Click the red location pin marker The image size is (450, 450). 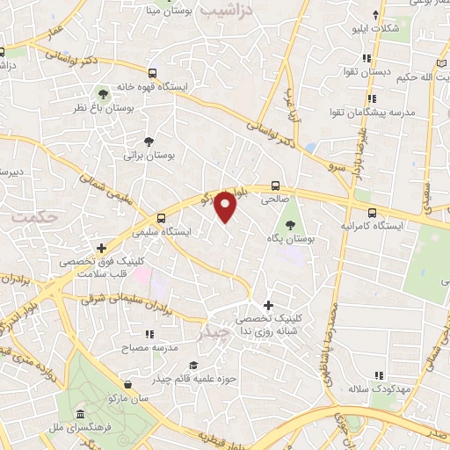(x=227, y=206)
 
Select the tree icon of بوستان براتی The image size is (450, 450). (x=149, y=141)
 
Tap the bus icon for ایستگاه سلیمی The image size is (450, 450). (x=161, y=218)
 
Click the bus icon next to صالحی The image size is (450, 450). (x=276, y=185)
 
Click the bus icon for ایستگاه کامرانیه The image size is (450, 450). (x=372, y=213)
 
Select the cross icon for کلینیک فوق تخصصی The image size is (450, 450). (x=103, y=250)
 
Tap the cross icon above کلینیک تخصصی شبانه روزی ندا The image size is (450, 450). (x=268, y=305)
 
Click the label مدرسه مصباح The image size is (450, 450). (x=153, y=347)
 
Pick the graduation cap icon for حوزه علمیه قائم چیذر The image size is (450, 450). (x=192, y=365)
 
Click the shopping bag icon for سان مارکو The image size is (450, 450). (x=129, y=385)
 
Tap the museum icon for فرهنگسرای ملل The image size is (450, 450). (x=80, y=413)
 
